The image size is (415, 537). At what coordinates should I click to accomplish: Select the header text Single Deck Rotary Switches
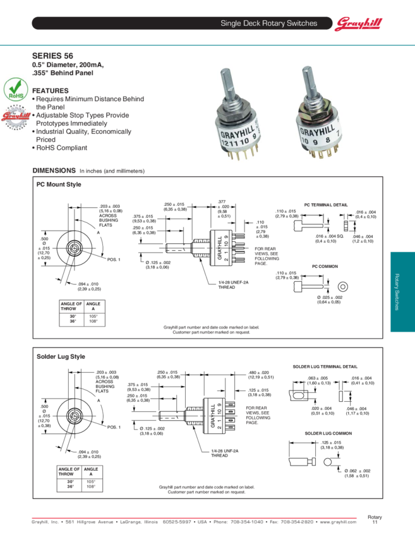tap(268, 23)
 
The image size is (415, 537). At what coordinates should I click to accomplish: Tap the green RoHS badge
tap(15, 89)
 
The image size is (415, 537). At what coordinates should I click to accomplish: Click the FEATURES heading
tap(51, 91)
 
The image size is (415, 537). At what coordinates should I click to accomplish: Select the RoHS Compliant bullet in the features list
tap(60, 148)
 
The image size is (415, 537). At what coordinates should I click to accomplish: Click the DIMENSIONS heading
tap(54, 171)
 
